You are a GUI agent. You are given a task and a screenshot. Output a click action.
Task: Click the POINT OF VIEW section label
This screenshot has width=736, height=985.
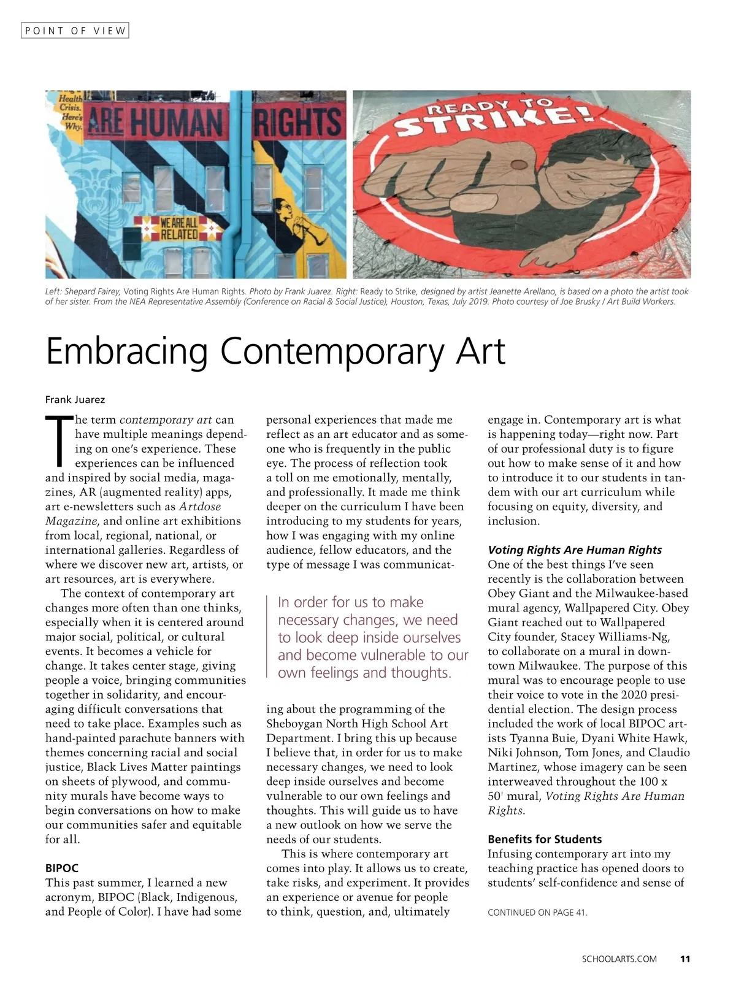[x=75, y=30]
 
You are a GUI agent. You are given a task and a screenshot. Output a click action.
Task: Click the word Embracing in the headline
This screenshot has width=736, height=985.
[x=127, y=351]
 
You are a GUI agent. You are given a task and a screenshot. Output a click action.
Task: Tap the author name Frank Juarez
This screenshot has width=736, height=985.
[x=75, y=400]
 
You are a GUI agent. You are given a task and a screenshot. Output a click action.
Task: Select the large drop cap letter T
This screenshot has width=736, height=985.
[x=58, y=440]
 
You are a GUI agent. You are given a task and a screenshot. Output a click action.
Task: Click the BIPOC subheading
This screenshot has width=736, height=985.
[x=62, y=868]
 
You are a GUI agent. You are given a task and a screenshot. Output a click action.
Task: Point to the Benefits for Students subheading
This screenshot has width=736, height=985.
[x=545, y=840]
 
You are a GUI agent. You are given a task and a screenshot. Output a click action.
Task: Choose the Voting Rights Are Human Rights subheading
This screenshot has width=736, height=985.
[x=575, y=550]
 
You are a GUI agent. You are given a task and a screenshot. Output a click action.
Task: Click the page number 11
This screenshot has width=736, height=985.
[x=685, y=959]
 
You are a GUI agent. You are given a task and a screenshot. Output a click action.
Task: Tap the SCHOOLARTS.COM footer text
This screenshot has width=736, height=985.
[x=619, y=959]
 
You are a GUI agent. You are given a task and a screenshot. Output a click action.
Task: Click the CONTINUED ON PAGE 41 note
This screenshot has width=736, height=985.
[x=537, y=913]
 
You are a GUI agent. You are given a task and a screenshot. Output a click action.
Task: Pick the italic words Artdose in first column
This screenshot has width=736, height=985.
[x=199, y=507]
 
